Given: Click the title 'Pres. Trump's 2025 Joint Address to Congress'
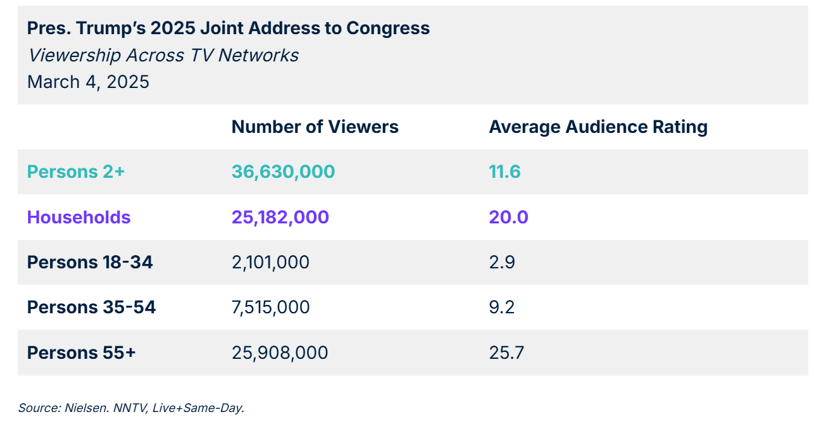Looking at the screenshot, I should (228, 28).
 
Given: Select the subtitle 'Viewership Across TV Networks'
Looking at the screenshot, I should (163, 55).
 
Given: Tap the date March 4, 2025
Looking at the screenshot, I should (88, 82).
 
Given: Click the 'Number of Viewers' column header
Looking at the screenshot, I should (315, 127).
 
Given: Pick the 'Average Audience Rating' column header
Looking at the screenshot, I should (598, 127).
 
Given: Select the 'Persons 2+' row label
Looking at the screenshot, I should (75, 172).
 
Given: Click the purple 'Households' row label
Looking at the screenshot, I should (78, 217).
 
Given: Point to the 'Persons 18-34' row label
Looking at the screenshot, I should (89, 262).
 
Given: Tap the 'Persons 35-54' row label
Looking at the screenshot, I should (91, 307).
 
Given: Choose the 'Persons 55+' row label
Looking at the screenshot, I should (81, 353).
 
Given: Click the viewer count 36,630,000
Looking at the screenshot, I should (283, 172).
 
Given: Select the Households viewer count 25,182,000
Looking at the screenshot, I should (280, 217).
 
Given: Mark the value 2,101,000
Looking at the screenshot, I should (270, 262).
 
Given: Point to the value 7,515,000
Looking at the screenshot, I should (270, 307).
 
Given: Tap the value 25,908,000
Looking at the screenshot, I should (279, 353).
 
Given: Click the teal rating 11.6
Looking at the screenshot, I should (504, 172).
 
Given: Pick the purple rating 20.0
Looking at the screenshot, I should (508, 217).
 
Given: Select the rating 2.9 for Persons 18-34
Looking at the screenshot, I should (501, 262).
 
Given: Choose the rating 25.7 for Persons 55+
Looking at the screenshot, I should (506, 353).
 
